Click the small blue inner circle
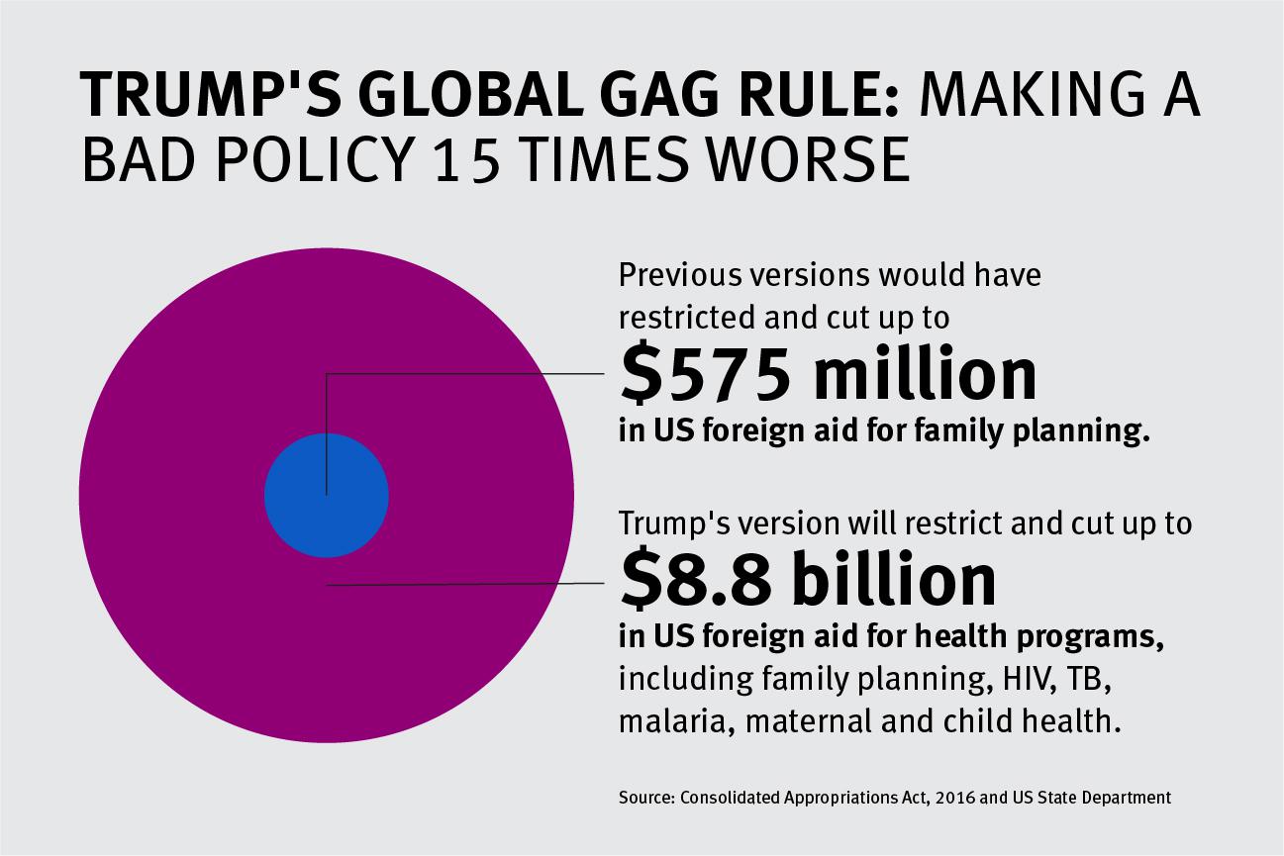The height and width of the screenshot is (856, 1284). (326, 495)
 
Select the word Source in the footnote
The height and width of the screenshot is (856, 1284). (644, 797)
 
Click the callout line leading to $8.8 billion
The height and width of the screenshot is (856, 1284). (465, 585)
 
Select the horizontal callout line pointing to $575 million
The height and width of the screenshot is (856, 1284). (465, 375)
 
